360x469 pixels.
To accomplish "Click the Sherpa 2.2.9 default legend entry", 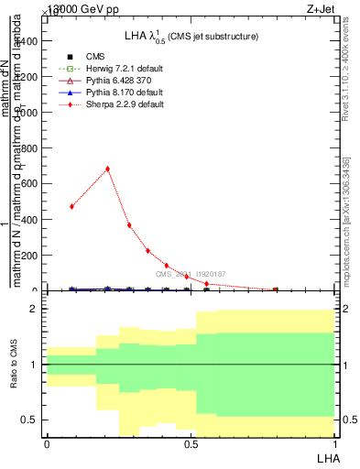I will click(124, 104).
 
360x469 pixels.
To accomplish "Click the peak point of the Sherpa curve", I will click(107, 169).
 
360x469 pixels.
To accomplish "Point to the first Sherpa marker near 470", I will click(71, 206).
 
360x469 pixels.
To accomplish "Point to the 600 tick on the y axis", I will click(35, 183).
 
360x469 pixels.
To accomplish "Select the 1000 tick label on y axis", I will click(30, 112).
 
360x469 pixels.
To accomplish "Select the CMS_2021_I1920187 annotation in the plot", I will click(191, 274).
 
